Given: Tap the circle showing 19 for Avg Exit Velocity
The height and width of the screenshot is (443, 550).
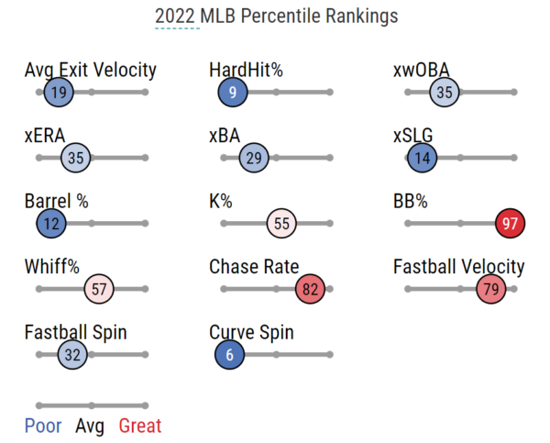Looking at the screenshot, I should [x=59, y=93].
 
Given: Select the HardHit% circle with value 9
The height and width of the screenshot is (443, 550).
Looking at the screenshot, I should [x=233, y=93].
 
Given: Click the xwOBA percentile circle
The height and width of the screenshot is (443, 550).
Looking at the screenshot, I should [x=445, y=93].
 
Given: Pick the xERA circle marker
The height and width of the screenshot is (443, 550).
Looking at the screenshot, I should [x=75, y=159].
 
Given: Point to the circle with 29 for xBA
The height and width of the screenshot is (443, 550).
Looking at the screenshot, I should [x=254, y=159].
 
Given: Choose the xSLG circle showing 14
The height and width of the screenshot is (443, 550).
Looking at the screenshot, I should [x=422, y=159].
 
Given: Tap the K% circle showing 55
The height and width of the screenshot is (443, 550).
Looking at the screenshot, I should [x=281, y=224].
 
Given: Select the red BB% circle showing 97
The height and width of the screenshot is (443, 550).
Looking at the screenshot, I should [x=511, y=224].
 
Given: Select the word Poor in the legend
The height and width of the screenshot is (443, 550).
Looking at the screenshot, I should [x=43, y=426].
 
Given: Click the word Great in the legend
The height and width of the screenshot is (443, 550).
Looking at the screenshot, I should [x=140, y=426].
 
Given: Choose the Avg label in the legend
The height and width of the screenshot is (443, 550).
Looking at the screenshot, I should [x=91, y=426].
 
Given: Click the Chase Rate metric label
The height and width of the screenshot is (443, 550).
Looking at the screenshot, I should [x=254, y=267].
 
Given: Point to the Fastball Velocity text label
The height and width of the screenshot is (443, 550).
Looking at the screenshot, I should [x=458, y=267].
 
